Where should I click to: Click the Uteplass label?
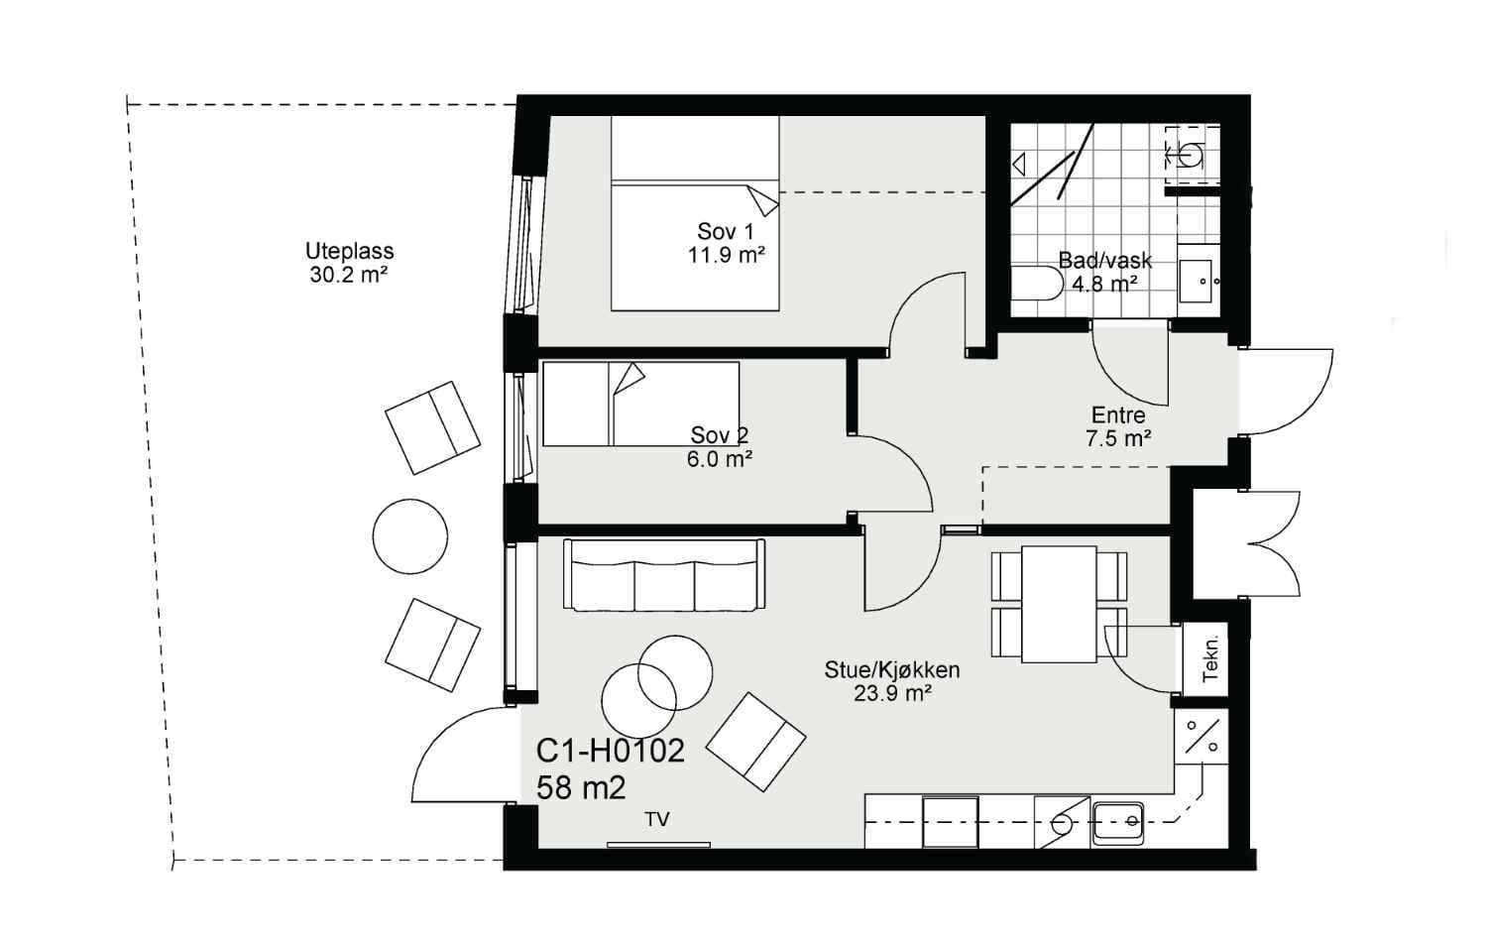point(349,251)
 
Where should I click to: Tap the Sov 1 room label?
point(726,232)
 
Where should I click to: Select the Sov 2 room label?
point(720,435)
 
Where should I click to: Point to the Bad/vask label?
point(1104,261)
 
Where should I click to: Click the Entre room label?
point(1118,415)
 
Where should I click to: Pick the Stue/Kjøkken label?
point(892,670)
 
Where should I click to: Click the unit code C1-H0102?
point(610,752)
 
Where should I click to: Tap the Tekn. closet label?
point(1210,658)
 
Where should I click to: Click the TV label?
point(657,819)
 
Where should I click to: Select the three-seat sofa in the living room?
point(664,574)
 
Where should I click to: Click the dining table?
point(1059,604)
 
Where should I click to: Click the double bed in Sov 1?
point(695,213)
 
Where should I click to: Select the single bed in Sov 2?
point(640,404)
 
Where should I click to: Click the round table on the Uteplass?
point(410,536)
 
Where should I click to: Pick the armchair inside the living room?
point(755,742)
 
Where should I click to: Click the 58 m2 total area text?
point(581,788)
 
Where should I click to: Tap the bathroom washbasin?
point(1200,281)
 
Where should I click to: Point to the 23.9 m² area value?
point(892,694)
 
